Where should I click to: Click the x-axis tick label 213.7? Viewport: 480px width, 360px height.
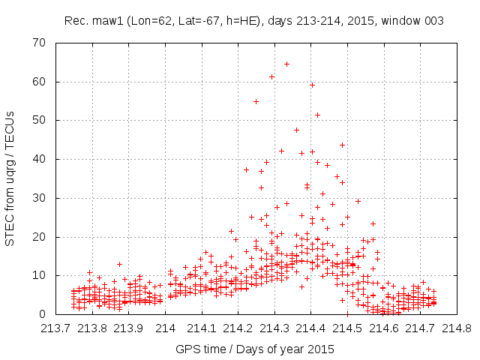click(x=56, y=328)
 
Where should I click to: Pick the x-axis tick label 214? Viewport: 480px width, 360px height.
click(x=165, y=328)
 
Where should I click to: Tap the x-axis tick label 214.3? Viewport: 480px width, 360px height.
click(x=274, y=328)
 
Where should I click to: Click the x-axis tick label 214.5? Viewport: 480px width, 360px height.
click(x=347, y=328)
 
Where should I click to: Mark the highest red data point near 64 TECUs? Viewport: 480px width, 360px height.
click(x=286, y=64)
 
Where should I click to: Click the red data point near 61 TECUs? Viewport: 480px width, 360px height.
click(x=271, y=76)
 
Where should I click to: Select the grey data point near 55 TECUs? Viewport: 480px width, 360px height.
click(x=256, y=101)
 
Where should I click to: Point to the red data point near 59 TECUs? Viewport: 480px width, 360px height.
click(x=312, y=85)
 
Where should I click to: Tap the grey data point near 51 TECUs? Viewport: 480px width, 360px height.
click(x=317, y=115)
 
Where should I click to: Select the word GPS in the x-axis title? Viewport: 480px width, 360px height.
click(x=187, y=349)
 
